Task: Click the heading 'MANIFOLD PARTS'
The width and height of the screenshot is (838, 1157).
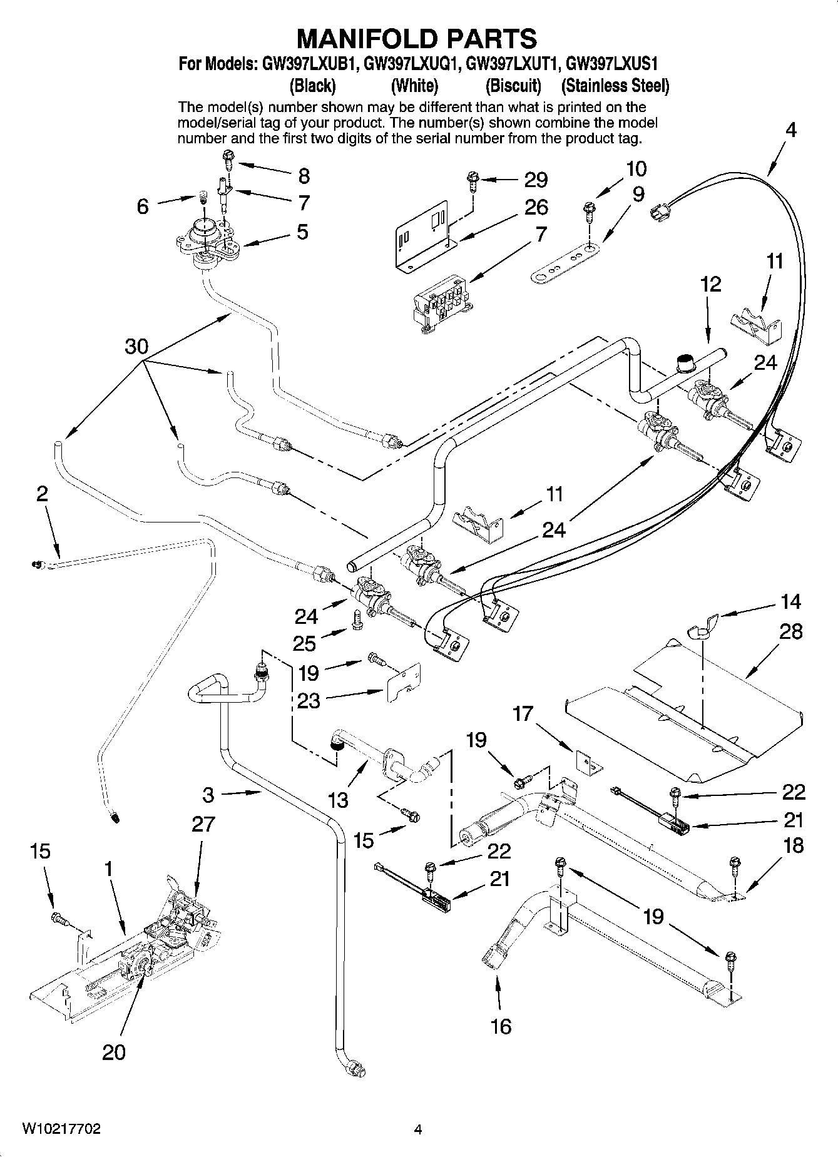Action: tap(416, 39)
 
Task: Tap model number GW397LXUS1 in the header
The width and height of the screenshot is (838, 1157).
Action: tap(611, 64)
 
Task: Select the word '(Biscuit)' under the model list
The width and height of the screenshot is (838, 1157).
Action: tap(513, 85)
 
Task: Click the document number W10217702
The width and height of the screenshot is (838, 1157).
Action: tap(61, 1129)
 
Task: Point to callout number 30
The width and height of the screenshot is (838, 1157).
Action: tap(136, 346)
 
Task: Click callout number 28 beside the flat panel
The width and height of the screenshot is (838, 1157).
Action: tap(790, 631)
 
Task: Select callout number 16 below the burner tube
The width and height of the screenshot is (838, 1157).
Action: tap(501, 1026)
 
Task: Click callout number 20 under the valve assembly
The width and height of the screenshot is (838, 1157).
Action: tap(114, 1052)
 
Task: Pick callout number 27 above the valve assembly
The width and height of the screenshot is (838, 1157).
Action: tap(203, 824)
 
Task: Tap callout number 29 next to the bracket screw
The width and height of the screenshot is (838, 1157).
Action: tap(536, 180)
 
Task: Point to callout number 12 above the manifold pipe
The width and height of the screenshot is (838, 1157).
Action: tap(710, 284)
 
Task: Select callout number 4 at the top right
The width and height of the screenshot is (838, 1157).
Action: tap(791, 130)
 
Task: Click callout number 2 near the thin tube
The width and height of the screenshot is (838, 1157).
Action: tap(41, 494)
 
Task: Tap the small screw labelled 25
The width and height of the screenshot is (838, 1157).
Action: tap(358, 619)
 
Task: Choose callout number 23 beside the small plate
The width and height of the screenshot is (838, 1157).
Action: tap(309, 701)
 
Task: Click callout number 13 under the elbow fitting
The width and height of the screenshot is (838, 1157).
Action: tap(339, 800)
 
